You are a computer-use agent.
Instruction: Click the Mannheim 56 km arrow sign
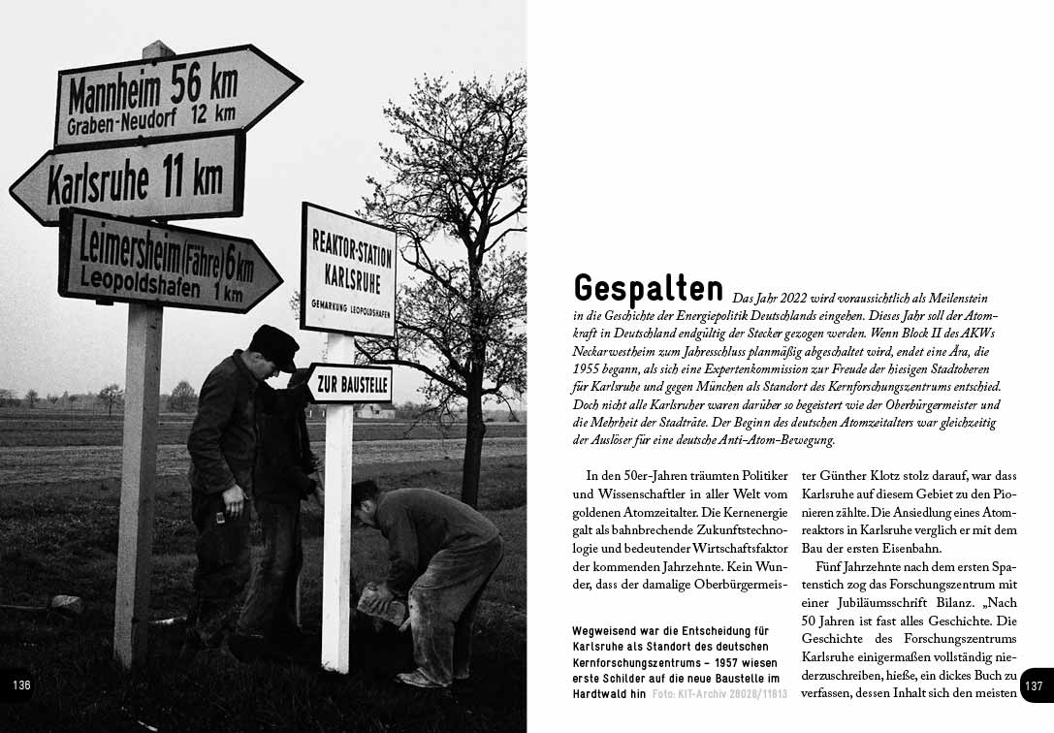pos(175,94)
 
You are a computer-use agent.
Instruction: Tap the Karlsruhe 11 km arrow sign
pos(131,180)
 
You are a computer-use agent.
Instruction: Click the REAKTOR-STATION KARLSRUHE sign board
pos(348,270)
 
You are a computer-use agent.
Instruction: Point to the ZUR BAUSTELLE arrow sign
pos(350,384)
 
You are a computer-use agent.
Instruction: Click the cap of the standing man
pos(273,345)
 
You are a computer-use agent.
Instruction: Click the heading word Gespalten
pos(648,288)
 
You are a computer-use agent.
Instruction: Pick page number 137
pos(1034,685)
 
